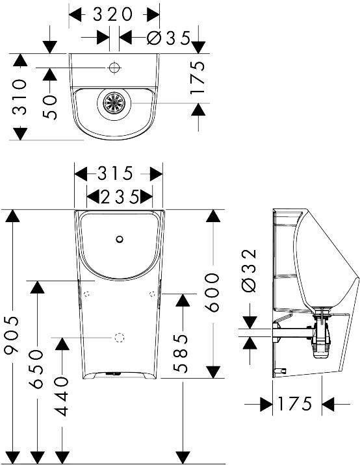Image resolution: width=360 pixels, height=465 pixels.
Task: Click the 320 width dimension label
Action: [x=112, y=14]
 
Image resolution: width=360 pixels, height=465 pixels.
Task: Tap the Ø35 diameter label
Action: [x=168, y=38]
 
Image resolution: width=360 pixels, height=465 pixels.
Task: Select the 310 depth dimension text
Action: [x=19, y=97]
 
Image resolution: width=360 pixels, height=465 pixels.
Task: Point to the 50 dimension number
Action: [x=49, y=107]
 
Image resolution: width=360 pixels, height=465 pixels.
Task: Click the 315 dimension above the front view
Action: [x=115, y=173]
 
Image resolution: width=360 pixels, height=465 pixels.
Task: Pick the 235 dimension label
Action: [x=120, y=197]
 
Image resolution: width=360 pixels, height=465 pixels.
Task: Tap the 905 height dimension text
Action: [x=12, y=335]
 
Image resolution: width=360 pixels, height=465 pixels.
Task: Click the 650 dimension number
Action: [x=37, y=369]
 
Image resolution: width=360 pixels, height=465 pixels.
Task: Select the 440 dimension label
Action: [x=62, y=396]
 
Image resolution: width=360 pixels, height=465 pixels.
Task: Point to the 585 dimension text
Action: [x=181, y=353]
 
